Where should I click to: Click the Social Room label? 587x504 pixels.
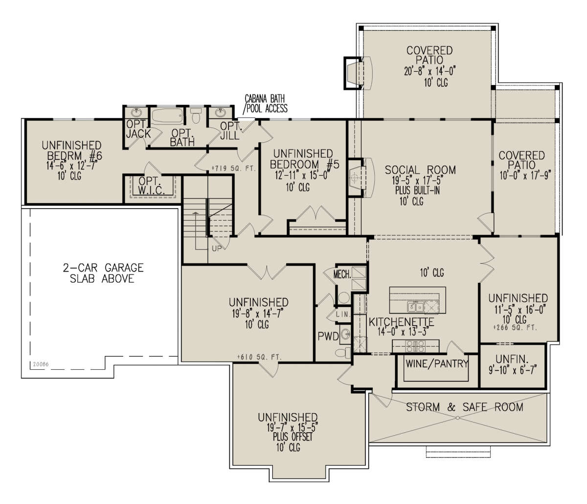pos(420,170)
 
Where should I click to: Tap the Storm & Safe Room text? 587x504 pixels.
pos(465,407)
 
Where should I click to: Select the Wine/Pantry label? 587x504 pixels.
pos(437,364)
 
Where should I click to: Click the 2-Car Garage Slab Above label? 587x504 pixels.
pos(103,273)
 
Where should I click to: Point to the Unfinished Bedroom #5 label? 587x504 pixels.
pos(304,159)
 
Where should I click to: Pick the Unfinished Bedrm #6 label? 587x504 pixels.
pos(72,150)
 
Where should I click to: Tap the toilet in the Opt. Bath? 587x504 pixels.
pos(196,115)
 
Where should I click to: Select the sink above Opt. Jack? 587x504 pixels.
pos(136,112)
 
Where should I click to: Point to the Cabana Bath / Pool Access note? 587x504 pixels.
pos(266,104)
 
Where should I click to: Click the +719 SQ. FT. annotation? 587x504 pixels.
pos(234,168)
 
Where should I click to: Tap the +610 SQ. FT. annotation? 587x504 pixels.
pos(259,357)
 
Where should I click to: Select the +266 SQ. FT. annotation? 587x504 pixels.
pos(515,328)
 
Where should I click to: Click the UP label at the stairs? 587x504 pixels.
pos(216,249)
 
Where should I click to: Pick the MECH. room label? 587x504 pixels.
pos(342,274)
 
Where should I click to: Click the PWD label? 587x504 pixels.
pos(328,336)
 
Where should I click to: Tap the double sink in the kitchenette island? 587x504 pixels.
pos(415,307)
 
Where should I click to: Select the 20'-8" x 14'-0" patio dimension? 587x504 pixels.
pos(430,71)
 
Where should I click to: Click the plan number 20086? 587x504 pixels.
pos(41,364)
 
